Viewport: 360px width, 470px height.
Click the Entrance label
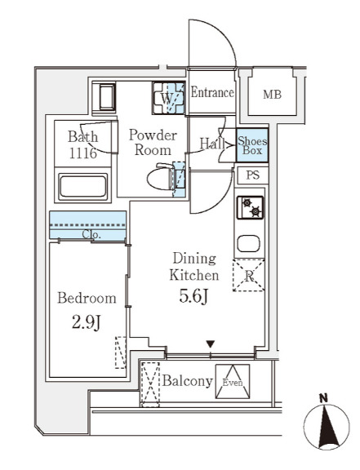click(x=212, y=92)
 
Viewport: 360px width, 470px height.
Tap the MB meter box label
click(x=272, y=95)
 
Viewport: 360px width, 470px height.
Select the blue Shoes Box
click(x=252, y=145)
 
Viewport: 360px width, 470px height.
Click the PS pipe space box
click(x=252, y=175)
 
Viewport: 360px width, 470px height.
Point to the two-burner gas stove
click(x=250, y=207)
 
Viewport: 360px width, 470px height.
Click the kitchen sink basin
click(x=248, y=243)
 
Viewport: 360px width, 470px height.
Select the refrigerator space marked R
click(x=249, y=276)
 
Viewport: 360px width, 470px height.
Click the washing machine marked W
click(x=168, y=98)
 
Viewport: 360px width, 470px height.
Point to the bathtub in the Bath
click(x=82, y=186)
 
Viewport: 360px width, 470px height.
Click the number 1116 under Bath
click(x=83, y=153)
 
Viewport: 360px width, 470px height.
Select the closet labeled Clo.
click(x=87, y=225)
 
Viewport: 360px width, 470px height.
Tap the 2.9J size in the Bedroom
click(x=86, y=323)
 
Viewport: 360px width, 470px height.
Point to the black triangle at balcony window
click(x=211, y=344)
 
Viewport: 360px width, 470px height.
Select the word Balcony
click(x=188, y=381)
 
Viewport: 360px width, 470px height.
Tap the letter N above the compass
click(x=323, y=398)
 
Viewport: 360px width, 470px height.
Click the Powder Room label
click(x=153, y=143)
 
